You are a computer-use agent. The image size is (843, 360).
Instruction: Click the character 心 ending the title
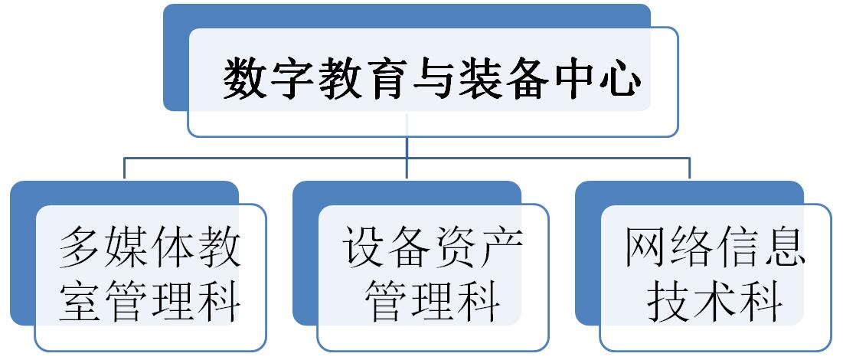point(616,80)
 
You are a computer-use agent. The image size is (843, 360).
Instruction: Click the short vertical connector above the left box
point(124,169)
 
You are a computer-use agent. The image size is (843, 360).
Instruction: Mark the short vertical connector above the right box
point(689,169)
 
